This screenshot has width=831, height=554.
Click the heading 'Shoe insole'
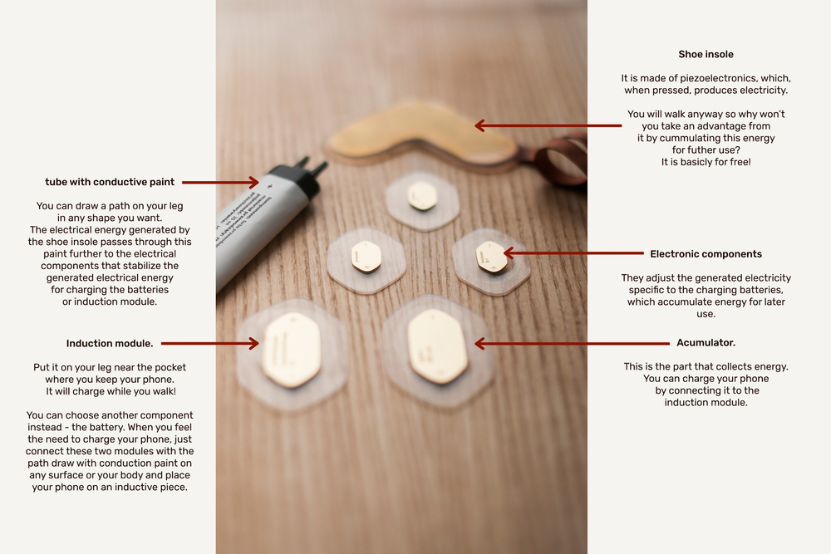706,54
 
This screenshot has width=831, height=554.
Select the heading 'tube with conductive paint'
110,182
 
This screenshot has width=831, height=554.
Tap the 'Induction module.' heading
110,344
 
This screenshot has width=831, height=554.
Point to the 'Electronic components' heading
706,254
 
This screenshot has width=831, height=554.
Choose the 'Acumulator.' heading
706,343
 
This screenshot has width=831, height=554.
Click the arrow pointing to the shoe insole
548,125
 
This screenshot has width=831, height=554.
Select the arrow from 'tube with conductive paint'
220,182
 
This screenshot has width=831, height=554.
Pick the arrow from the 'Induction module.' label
210,344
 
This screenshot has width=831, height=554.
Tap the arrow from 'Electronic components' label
573,253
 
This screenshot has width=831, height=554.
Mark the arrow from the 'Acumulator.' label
572,344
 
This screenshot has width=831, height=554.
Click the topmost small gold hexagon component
422,196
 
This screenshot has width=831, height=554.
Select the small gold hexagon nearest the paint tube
366,257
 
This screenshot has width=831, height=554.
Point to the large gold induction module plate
291,349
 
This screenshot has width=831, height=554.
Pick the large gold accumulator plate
438,346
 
